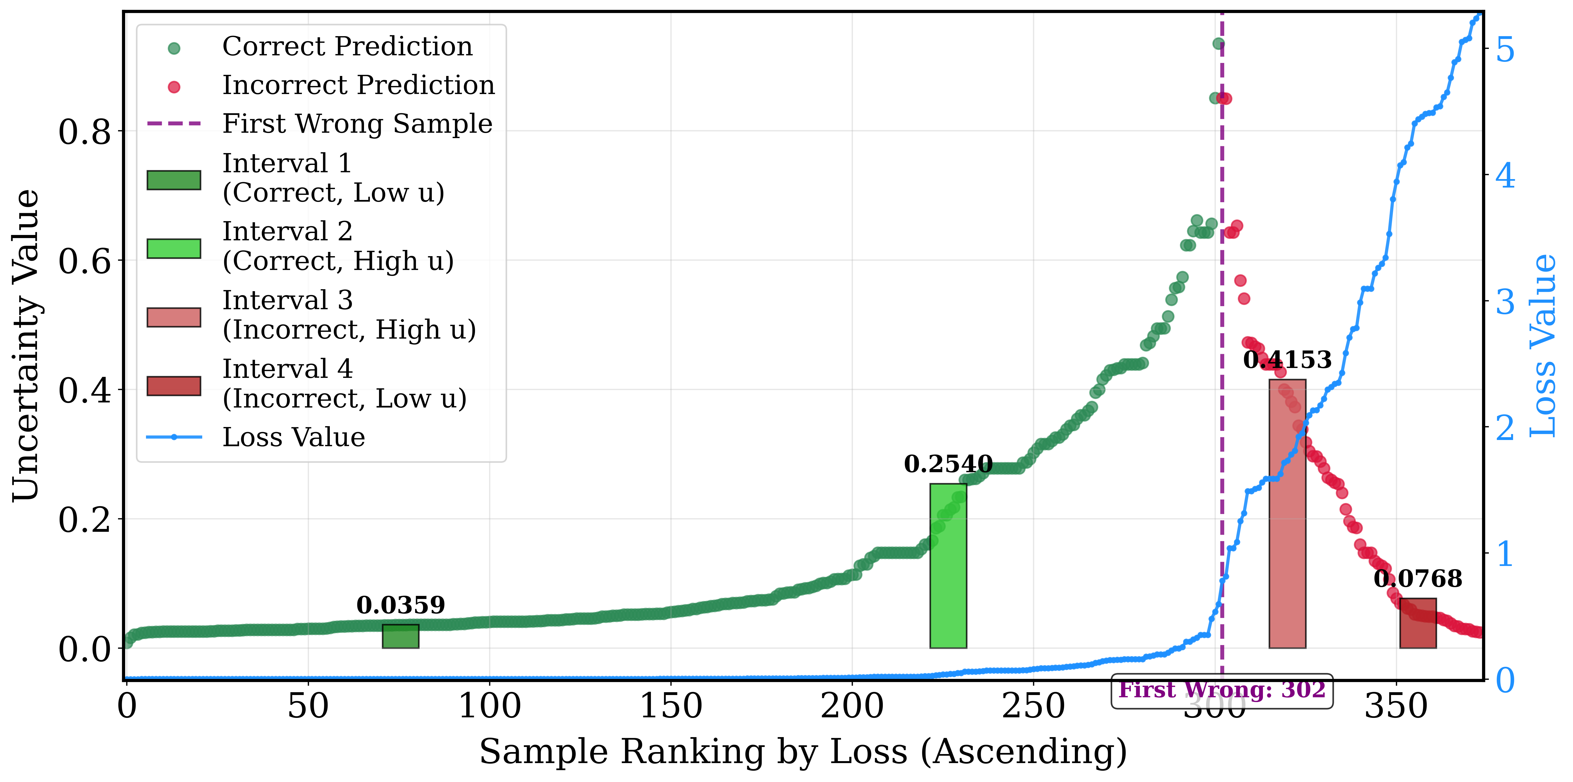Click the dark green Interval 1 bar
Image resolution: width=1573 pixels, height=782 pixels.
tap(400, 636)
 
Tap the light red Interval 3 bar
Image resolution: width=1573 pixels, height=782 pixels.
tap(1287, 513)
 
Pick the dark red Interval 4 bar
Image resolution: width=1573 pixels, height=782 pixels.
tap(1418, 623)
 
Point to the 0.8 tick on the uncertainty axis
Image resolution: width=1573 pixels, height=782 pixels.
tap(85, 131)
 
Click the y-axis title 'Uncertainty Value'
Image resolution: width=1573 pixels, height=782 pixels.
tap(26, 345)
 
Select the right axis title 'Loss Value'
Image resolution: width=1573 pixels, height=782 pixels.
tap(1543, 345)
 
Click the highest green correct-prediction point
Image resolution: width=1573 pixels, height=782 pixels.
tap(1218, 44)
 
